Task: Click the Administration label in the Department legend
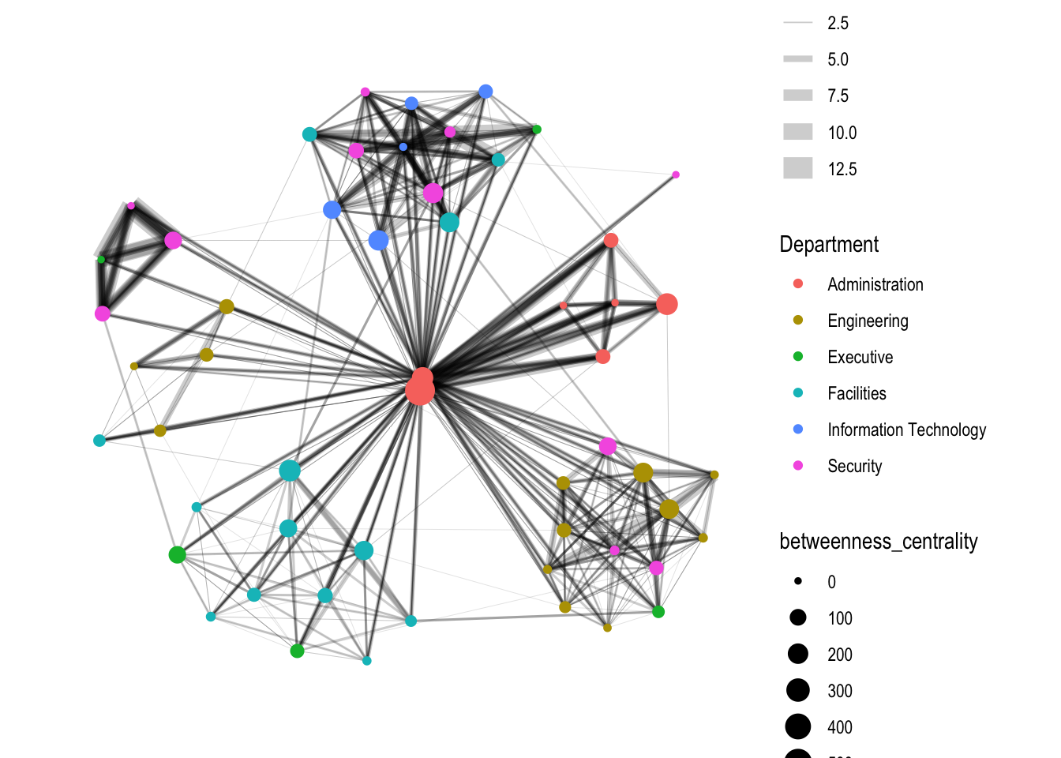pos(875,284)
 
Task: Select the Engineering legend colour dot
pos(798,321)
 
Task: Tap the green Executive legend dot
pos(798,356)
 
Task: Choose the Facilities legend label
pos(857,393)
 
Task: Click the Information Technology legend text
pos(906,430)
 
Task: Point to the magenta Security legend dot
pos(798,466)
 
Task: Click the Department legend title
pos(829,245)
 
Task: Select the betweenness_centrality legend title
pos(879,541)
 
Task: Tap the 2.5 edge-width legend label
pos(838,23)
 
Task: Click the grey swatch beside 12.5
pos(798,168)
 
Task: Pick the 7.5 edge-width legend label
pos(838,96)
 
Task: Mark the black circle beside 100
pos(798,617)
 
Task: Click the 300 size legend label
pos(840,691)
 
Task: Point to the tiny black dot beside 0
pos(798,581)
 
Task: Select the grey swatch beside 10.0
pos(798,132)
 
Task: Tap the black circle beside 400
pos(798,726)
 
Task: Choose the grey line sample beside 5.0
pos(798,59)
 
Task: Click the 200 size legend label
pos(840,655)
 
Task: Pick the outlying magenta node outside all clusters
pos(676,174)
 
